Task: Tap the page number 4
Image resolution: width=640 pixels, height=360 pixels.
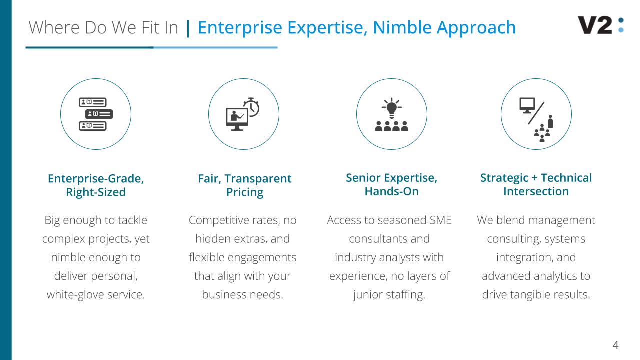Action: point(615,345)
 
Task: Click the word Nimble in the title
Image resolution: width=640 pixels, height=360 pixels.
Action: point(402,27)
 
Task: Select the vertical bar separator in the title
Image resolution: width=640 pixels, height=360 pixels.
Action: point(188,28)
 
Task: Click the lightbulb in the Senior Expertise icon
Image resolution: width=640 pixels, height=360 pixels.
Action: point(392,108)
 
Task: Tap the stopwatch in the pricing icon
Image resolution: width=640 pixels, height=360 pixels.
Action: point(251,107)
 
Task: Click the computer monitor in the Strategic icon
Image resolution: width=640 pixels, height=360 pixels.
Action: point(527,105)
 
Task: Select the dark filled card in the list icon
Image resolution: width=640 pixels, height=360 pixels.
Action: point(99,114)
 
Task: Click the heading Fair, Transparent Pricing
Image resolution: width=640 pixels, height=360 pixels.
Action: point(245,185)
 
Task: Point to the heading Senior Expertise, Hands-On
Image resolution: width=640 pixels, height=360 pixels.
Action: point(392,184)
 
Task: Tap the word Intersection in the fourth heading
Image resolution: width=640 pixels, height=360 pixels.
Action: point(536,191)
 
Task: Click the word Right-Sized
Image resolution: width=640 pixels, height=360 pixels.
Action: point(96,192)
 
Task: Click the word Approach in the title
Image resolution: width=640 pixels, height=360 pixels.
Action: point(476,28)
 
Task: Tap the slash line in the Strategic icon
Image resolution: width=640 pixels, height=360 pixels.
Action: point(536,113)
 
